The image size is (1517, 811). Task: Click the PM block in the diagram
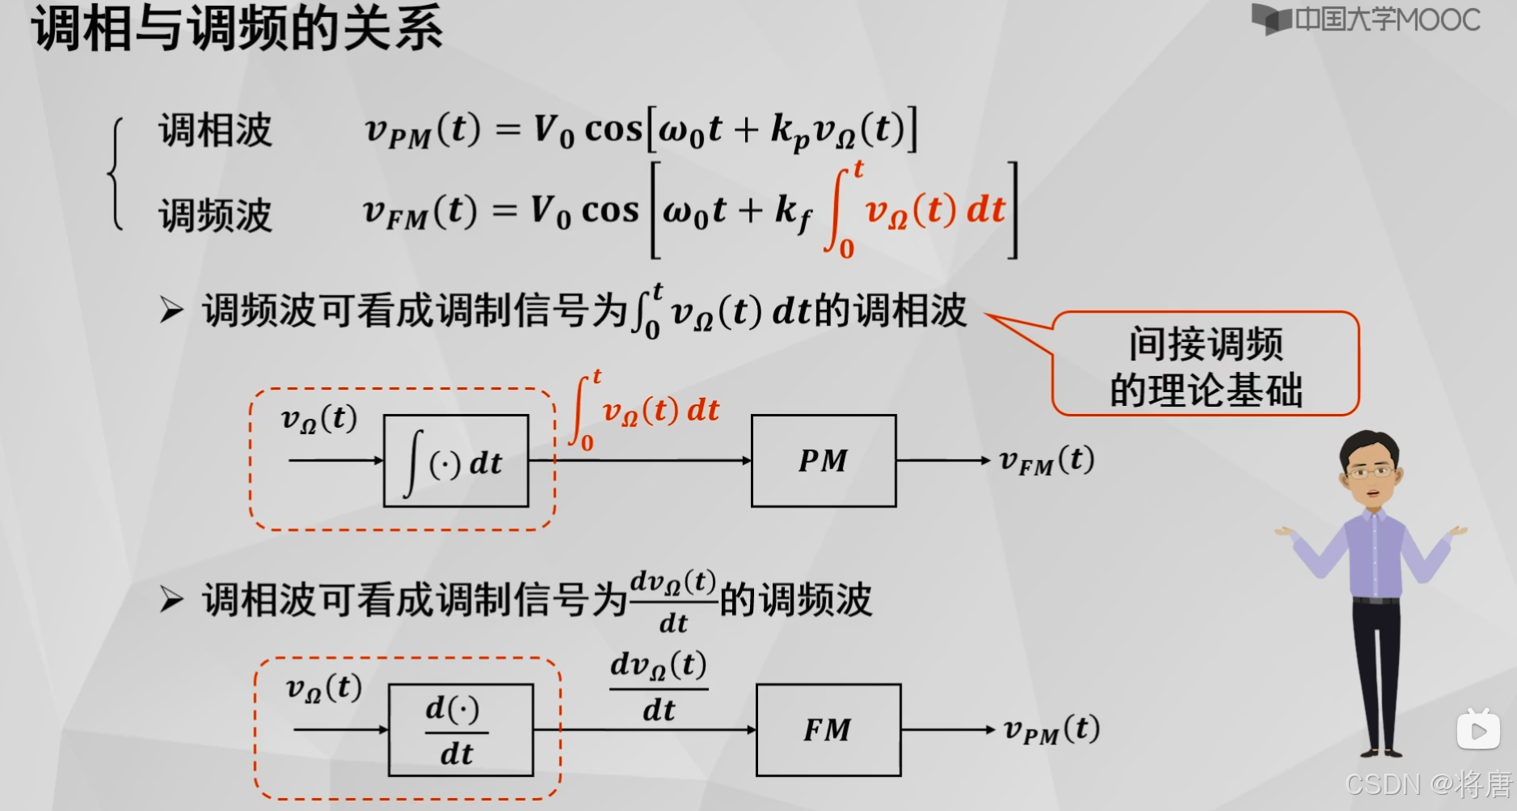824,461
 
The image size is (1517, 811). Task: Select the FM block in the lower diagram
828,730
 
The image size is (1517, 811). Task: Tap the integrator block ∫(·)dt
456,461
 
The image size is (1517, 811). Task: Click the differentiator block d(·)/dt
461,730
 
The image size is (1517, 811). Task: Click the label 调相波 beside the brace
215,130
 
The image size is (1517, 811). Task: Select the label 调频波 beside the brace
215,215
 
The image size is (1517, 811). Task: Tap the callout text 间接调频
1205,344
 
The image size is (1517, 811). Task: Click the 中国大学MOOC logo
1366,19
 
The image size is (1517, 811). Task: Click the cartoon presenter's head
1369,465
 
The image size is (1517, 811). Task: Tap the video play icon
1478,730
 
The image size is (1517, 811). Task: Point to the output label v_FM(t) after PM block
1047,461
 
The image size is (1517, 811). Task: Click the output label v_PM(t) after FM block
1051,730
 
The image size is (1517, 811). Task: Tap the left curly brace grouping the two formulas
116,173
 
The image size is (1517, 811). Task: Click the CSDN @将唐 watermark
1428,784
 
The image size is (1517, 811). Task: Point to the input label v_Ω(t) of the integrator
318,419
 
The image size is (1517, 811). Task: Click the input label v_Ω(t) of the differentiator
323,688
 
